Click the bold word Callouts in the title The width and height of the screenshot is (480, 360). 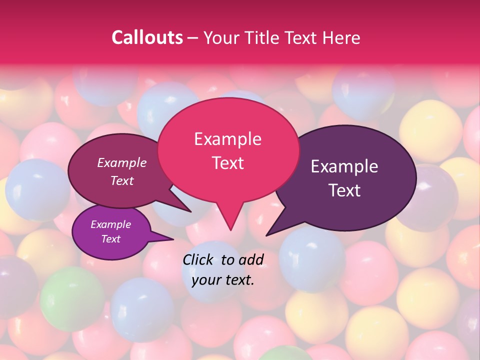pyautogui.click(x=147, y=37)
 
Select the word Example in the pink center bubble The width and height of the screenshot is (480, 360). pyautogui.click(x=227, y=139)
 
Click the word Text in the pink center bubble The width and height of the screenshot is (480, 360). pyautogui.click(x=227, y=163)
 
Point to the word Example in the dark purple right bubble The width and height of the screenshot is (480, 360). pyautogui.click(x=344, y=166)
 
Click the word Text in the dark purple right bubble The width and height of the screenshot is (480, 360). pyautogui.click(x=344, y=190)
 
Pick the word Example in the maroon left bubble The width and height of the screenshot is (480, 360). pyautogui.click(x=121, y=163)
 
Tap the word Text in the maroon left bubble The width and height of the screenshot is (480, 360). pyautogui.click(x=121, y=181)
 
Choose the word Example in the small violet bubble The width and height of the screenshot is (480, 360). pyautogui.click(x=110, y=224)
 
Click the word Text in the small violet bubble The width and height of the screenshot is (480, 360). pyautogui.click(x=110, y=239)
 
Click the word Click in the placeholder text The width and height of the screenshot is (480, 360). pyautogui.click(x=199, y=259)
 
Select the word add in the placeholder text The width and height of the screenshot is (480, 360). pyautogui.click(x=251, y=259)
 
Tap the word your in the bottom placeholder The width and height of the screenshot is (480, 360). pyautogui.click(x=205, y=280)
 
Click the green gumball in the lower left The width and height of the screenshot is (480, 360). pyautogui.click(x=71, y=298)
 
